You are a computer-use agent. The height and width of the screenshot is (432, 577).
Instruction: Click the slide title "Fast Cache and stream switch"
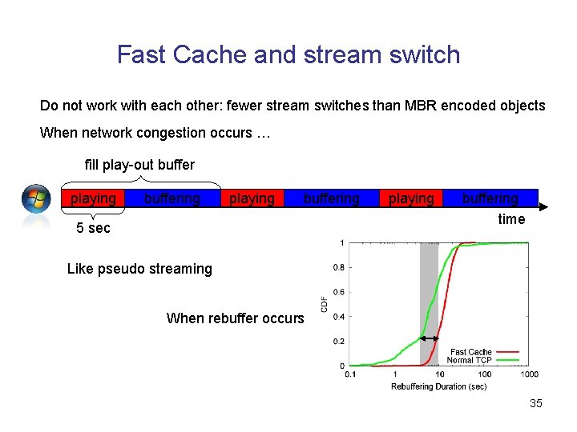(x=288, y=54)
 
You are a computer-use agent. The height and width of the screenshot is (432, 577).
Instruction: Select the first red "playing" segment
(x=93, y=198)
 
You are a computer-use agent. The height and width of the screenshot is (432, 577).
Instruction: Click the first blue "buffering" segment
(x=172, y=198)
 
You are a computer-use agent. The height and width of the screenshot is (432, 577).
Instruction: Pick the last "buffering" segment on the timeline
(x=490, y=198)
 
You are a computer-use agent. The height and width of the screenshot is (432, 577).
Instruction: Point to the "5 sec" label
(x=93, y=228)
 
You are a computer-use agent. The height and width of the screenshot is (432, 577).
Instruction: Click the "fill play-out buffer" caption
(x=139, y=165)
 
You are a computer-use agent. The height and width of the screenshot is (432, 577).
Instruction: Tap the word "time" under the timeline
(x=511, y=219)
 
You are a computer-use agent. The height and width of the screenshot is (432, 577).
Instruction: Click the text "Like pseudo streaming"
(x=139, y=269)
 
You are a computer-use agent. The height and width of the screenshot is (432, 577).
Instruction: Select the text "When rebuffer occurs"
(x=235, y=318)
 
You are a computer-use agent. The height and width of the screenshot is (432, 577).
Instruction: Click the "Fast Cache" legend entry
(x=471, y=352)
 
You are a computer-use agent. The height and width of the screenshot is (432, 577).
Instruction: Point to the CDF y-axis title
(x=325, y=304)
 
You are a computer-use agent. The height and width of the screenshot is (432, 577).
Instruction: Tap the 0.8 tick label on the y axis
(x=340, y=267)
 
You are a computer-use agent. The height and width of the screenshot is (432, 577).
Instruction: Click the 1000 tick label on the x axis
(x=529, y=374)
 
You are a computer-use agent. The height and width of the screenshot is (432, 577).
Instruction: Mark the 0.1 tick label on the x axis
(x=351, y=374)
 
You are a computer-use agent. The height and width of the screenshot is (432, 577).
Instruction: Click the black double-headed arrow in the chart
(x=430, y=339)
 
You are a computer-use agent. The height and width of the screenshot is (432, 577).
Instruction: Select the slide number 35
(x=535, y=403)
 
